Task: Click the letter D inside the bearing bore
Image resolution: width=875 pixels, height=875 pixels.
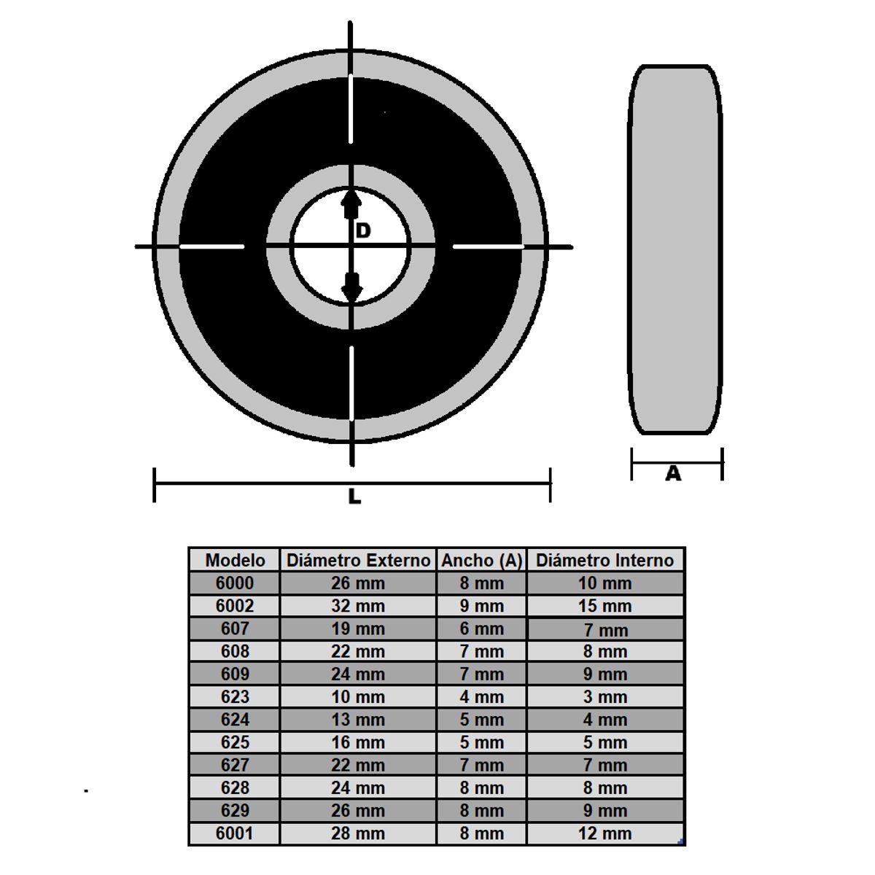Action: (x=363, y=231)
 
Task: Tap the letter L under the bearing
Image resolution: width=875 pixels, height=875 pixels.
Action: (x=354, y=497)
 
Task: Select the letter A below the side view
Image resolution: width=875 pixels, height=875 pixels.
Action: (x=673, y=474)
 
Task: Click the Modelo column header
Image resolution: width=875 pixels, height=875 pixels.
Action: (x=235, y=560)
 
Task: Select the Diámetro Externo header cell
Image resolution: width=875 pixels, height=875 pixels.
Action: (x=358, y=560)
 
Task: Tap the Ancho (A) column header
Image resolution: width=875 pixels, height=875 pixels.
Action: (x=482, y=560)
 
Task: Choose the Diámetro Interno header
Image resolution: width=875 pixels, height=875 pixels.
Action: (x=604, y=560)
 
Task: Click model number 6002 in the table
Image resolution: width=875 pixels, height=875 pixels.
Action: (x=235, y=606)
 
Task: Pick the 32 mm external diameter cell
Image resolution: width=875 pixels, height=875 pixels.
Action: (x=358, y=606)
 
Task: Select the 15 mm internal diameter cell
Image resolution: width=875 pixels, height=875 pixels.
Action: (x=604, y=606)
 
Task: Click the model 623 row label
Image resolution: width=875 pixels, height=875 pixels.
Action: (x=235, y=697)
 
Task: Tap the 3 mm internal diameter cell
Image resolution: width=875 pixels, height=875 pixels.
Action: (x=604, y=697)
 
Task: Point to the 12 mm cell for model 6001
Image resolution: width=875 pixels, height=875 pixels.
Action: (x=604, y=833)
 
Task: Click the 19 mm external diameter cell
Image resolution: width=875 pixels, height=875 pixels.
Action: (x=358, y=629)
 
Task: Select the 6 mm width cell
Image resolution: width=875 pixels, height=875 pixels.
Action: (x=482, y=629)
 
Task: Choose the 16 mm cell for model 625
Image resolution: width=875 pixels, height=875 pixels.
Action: (x=358, y=742)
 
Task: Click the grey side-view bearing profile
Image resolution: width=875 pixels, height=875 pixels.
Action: (x=675, y=248)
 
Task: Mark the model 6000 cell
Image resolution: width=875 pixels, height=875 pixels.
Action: (x=235, y=583)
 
